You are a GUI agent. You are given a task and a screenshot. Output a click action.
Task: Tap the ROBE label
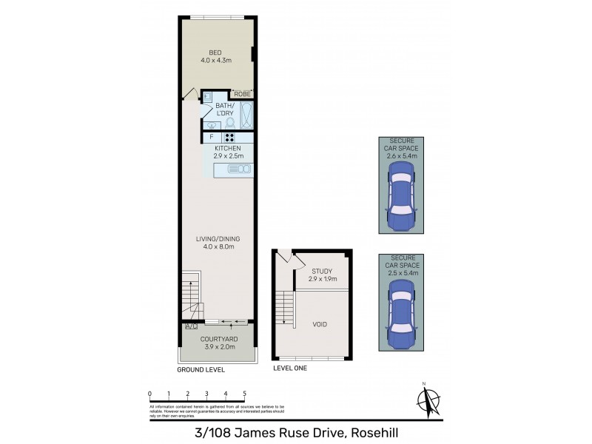[x=242, y=94]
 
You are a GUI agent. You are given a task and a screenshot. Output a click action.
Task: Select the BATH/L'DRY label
[x=225, y=110]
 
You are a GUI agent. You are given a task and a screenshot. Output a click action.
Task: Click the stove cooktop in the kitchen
[x=229, y=136]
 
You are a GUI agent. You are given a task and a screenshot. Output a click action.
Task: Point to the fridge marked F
[x=212, y=137]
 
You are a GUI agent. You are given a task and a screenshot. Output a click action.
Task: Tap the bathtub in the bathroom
[x=246, y=115]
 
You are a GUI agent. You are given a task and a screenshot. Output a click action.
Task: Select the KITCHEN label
[x=228, y=149]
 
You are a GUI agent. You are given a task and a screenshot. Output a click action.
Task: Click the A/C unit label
[x=190, y=326]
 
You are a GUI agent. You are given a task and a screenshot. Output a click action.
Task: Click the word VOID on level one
[x=320, y=324]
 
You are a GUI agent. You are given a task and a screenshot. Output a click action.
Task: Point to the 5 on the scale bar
[x=244, y=394]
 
